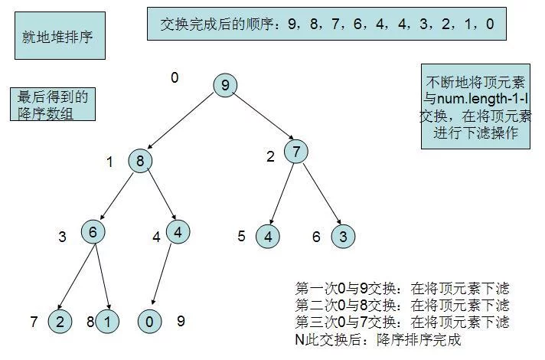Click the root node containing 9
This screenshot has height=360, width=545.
point(225,85)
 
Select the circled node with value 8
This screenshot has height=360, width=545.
point(140,161)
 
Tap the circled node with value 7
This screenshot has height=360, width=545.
point(296,152)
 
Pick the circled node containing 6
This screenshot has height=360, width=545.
point(93,231)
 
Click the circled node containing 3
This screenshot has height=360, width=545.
point(344,236)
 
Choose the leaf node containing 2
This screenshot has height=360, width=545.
point(60,322)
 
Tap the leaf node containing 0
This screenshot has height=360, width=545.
point(150,322)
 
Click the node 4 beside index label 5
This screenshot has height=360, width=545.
point(268,236)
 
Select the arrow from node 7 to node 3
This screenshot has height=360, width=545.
point(322,194)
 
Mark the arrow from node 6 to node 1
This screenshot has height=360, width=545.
point(103,277)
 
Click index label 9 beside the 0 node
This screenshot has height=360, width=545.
point(181,321)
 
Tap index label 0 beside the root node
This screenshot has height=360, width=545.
point(175,77)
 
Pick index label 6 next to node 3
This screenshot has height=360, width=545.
point(316,237)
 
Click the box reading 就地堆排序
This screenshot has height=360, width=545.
point(60,36)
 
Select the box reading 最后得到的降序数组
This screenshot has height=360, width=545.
point(53,104)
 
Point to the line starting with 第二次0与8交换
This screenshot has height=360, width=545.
point(403,305)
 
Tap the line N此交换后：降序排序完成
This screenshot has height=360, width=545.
point(378,339)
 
